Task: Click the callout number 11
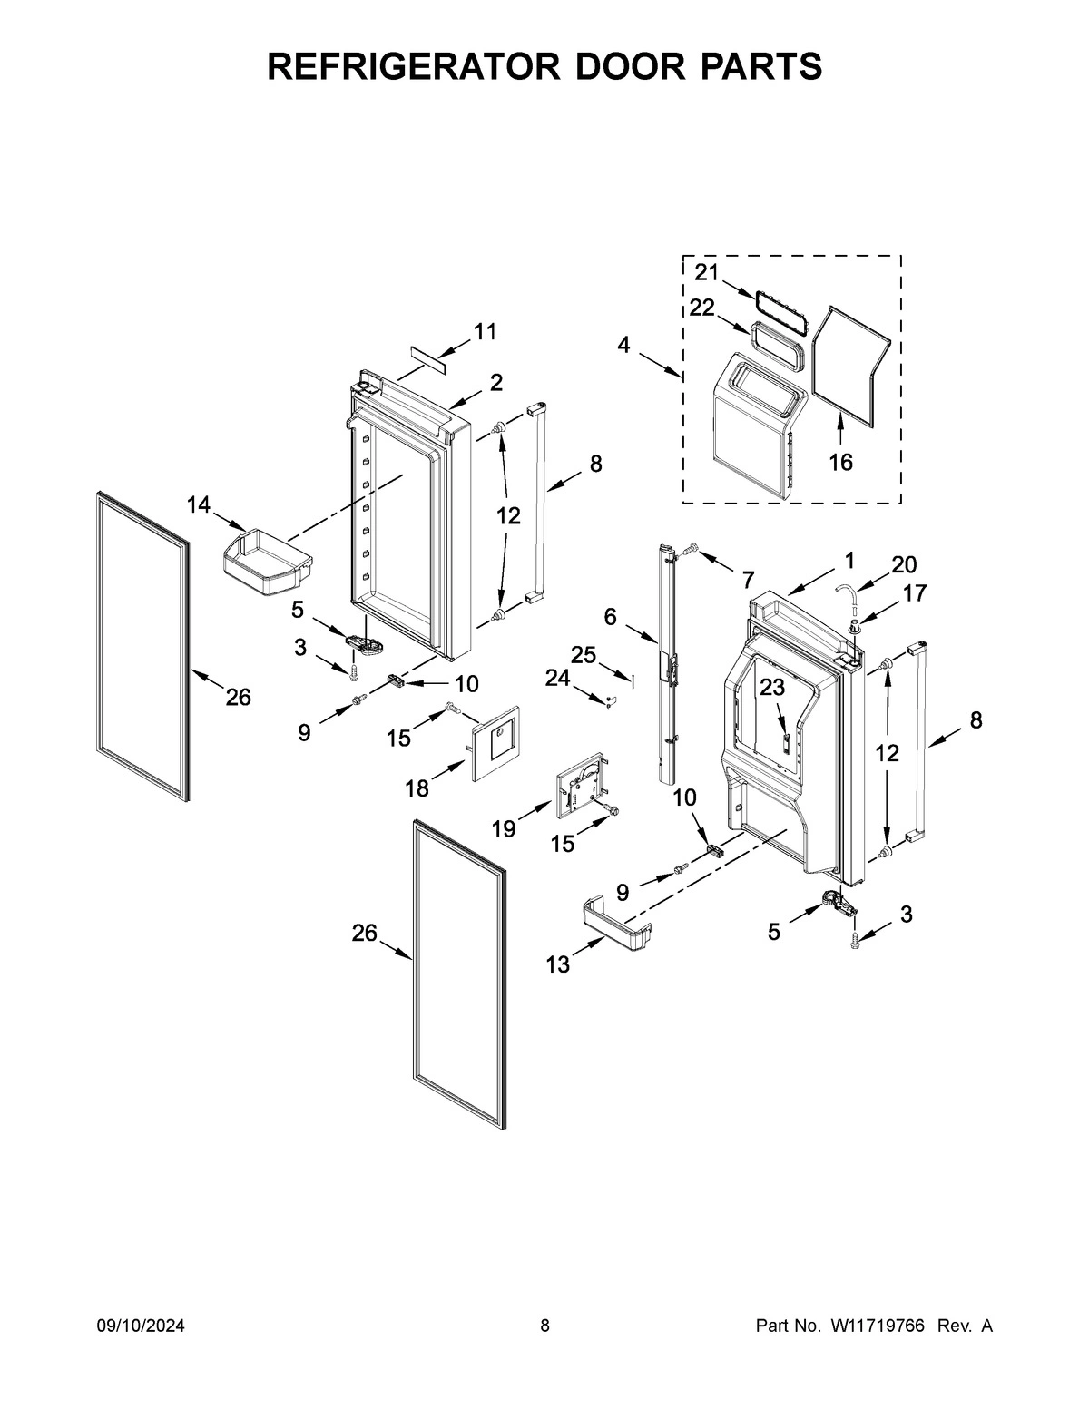486,332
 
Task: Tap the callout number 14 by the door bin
199,504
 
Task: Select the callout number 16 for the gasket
840,463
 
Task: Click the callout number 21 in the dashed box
707,271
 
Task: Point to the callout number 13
557,964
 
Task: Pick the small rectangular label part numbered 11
427,358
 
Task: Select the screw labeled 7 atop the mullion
692,549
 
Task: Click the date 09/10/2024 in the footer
141,1326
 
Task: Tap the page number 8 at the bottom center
544,1326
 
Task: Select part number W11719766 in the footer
877,1326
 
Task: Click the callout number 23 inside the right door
772,688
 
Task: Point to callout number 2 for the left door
496,383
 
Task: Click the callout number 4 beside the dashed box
624,345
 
